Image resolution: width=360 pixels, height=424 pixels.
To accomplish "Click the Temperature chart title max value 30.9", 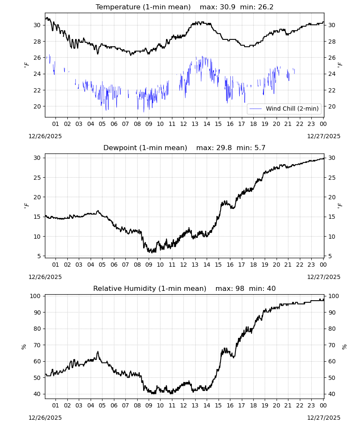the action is click(228, 7).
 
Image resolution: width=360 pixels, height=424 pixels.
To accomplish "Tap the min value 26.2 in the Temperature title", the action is click(266, 7).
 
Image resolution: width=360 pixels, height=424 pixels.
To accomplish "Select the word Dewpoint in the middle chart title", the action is click(118, 148).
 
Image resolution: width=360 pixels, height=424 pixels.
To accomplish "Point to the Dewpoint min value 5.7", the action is click(260, 148).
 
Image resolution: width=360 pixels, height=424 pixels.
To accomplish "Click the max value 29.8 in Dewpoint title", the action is click(224, 148).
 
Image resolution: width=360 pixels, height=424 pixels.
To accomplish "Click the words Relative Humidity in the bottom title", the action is click(125, 288).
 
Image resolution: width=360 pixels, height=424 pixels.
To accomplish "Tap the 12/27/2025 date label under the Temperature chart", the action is click(324, 136).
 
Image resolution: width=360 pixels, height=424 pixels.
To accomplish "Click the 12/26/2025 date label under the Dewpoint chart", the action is click(45, 277).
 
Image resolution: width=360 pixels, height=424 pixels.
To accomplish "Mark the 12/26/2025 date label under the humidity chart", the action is click(45, 418).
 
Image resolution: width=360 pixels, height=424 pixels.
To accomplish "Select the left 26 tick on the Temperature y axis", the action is click(37, 58).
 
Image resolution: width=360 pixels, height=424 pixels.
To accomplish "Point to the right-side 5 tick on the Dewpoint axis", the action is click(330, 256).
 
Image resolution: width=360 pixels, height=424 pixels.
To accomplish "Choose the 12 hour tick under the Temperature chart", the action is click(183, 124).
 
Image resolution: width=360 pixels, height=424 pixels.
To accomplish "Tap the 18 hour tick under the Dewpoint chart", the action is click(253, 265).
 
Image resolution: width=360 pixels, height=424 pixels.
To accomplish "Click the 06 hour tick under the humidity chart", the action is click(114, 405).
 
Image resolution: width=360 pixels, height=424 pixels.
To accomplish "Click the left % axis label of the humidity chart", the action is click(24, 347).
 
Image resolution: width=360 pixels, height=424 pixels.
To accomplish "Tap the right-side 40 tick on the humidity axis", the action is click(332, 394).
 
